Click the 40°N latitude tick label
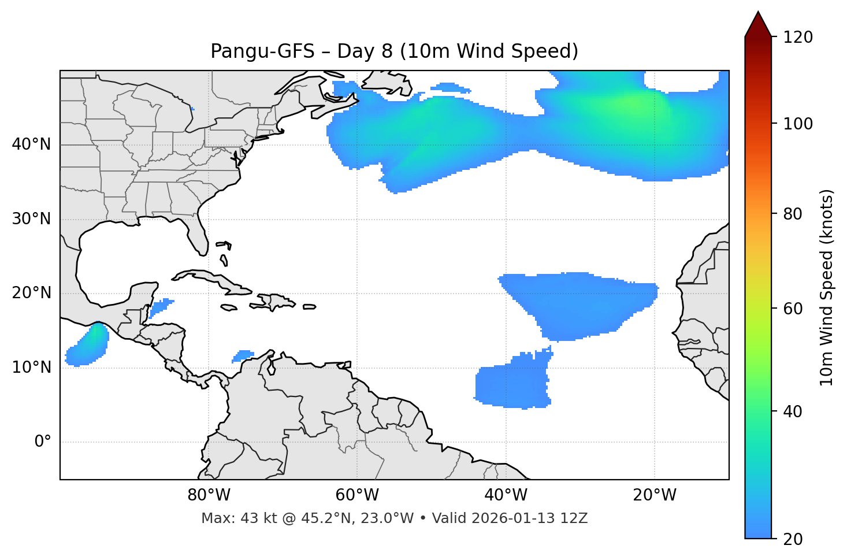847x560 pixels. pyautogui.click(x=31, y=144)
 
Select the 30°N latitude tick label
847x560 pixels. pyautogui.click(x=31, y=218)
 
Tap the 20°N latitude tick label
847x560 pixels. pyautogui.click(x=31, y=293)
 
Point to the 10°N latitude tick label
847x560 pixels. pyautogui.click(x=31, y=367)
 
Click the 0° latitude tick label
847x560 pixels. pyautogui.click(x=43, y=442)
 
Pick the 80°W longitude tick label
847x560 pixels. pyautogui.click(x=209, y=495)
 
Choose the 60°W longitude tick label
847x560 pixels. pyautogui.click(x=357, y=495)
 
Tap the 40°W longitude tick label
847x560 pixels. pyautogui.click(x=506, y=495)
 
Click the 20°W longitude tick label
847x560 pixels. pyautogui.click(x=655, y=495)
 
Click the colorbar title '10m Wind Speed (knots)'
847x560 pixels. pyautogui.click(x=827, y=287)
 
